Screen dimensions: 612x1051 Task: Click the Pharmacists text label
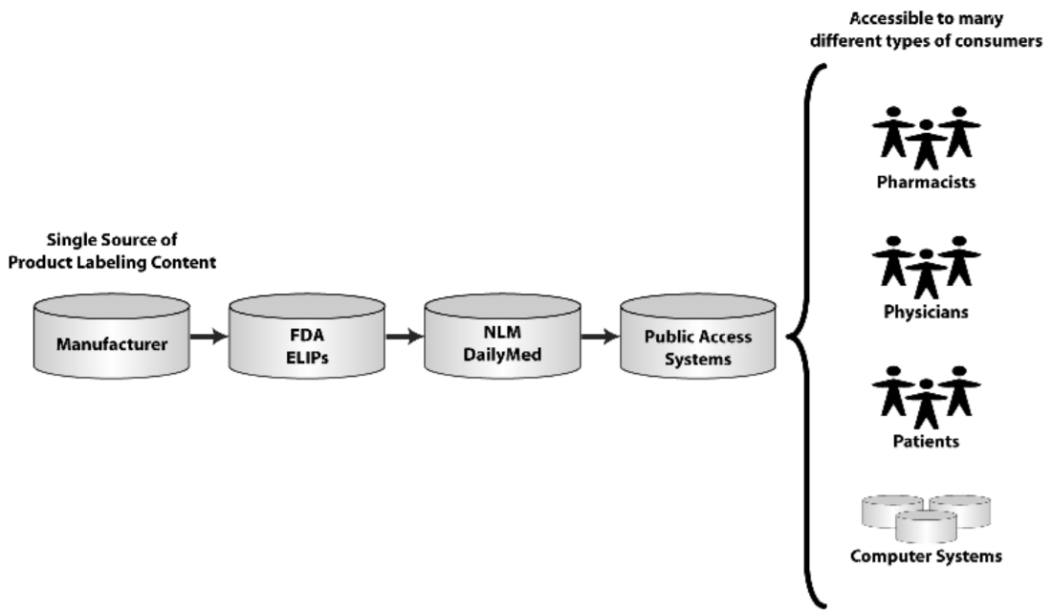click(926, 182)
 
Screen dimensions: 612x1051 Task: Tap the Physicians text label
click(926, 311)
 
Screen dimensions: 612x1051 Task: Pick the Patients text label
click(926, 442)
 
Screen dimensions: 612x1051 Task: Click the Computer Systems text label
click(926, 556)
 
